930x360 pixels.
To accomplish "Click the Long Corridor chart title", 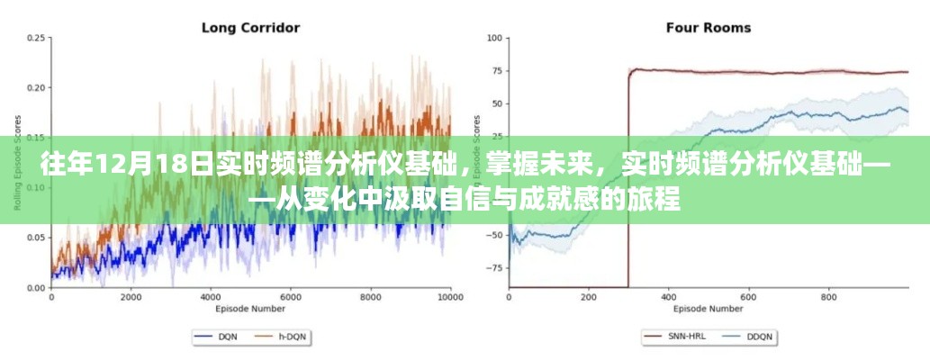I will [250, 27].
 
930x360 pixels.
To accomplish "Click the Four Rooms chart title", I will [708, 27].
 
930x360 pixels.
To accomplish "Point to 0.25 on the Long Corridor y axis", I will [37, 38].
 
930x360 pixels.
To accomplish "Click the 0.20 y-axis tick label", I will [37, 88].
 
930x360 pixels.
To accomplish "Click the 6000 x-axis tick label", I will [290, 296].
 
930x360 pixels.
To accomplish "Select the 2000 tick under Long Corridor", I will [131, 296].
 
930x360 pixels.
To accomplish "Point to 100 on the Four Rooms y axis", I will [494, 38].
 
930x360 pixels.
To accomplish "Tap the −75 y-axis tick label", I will [492, 267].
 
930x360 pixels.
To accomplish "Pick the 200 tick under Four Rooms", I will [590, 296].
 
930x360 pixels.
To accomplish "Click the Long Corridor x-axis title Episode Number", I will [250, 308].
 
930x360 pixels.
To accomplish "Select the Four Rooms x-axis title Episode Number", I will [708, 308].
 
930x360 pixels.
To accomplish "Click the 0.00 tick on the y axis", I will [37, 288].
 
